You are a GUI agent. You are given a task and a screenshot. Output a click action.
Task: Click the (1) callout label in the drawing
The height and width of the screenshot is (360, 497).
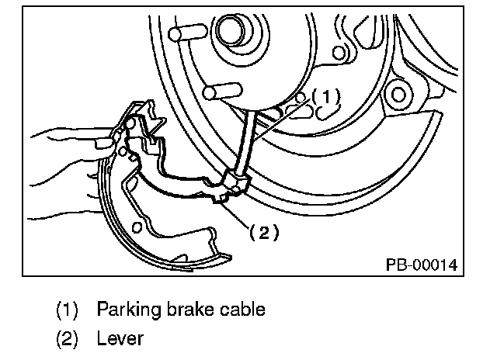pyautogui.click(x=326, y=96)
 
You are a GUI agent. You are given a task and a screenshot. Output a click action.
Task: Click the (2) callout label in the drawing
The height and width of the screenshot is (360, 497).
pyautogui.click(x=264, y=233)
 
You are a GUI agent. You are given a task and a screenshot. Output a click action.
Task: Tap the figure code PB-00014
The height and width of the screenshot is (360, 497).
pyautogui.click(x=422, y=265)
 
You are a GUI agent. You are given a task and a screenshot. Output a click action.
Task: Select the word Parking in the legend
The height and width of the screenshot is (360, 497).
pyautogui.click(x=129, y=310)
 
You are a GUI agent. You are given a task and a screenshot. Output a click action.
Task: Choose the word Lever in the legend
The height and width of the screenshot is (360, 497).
pyautogui.click(x=120, y=338)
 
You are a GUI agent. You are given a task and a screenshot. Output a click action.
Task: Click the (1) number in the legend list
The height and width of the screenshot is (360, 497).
pyautogui.click(x=67, y=310)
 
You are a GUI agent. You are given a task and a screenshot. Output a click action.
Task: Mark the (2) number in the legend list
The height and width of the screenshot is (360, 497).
pyautogui.click(x=67, y=339)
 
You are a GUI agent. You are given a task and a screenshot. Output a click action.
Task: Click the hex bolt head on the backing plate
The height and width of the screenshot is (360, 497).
pyautogui.click(x=398, y=95)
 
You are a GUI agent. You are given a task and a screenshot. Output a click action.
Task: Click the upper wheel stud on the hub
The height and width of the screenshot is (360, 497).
pyautogui.click(x=187, y=33)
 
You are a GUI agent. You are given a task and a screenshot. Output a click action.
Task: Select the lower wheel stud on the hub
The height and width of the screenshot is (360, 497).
pyautogui.click(x=223, y=92)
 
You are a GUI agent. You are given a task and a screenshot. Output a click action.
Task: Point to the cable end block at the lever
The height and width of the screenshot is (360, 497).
pyautogui.click(x=235, y=182)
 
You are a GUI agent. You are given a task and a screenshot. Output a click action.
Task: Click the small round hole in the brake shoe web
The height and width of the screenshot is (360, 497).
pyautogui.click(x=137, y=227)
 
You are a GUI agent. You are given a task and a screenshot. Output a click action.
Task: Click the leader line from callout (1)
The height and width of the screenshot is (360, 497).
pyautogui.click(x=282, y=120)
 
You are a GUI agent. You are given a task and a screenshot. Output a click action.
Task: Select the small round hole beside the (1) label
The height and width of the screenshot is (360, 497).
pyautogui.click(x=300, y=98)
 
